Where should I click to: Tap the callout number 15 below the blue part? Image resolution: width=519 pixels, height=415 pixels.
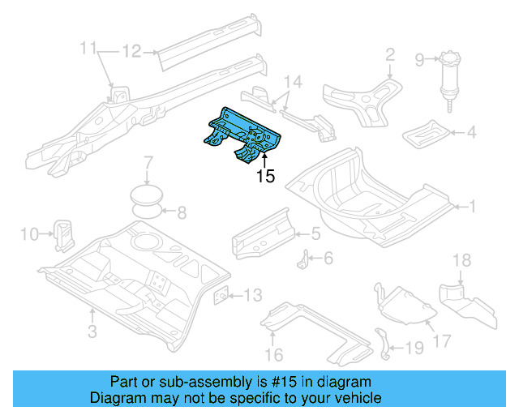(266, 177)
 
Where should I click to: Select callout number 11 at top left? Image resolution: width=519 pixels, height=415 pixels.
(88, 49)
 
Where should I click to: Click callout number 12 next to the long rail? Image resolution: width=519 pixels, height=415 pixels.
(131, 52)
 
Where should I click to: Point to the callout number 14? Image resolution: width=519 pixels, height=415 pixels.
(292, 81)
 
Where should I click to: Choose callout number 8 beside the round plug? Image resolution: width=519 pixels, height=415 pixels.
(181, 214)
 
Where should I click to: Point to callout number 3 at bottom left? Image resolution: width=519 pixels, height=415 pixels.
(92, 331)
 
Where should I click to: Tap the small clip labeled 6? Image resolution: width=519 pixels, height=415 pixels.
(305, 261)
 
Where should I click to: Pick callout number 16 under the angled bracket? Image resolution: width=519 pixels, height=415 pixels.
(274, 354)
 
